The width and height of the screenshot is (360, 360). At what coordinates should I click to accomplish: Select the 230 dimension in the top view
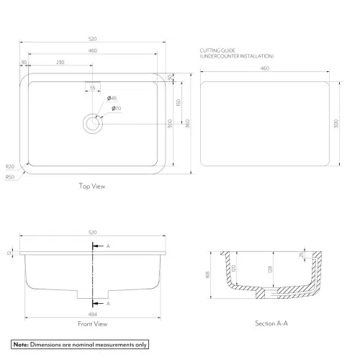(60, 63)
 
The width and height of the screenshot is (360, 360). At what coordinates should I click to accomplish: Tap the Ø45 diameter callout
(112, 98)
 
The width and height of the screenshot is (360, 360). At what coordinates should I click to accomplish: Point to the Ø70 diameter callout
(116, 108)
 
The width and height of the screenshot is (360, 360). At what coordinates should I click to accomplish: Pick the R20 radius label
(9, 166)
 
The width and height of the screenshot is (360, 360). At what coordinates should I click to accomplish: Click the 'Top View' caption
(92, 186)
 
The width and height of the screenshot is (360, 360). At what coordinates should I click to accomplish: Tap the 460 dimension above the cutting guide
(265, 68)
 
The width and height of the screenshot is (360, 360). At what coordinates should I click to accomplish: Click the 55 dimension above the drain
(92, 87)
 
